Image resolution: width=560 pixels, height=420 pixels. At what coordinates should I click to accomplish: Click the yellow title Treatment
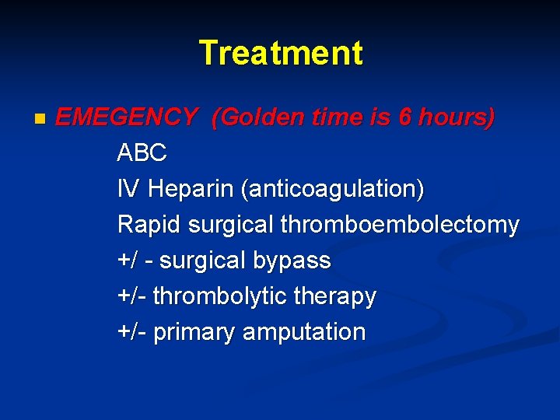coord(280,53)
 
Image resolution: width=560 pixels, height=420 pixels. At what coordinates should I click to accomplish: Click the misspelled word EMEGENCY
coord(126,117)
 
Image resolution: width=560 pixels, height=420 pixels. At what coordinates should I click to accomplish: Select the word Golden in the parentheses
coord(254,117)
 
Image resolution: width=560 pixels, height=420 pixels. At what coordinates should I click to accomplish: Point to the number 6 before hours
coord(404,117)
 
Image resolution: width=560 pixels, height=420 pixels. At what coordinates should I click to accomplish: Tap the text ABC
coord(142,153)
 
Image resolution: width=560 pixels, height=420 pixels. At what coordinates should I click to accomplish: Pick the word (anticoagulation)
coord(333,189)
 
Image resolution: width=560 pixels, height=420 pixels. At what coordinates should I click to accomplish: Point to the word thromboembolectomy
coord(400,225)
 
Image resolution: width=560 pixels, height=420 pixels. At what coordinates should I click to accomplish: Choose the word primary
coord(195,332)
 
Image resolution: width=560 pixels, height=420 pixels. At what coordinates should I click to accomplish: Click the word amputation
coord(304,332)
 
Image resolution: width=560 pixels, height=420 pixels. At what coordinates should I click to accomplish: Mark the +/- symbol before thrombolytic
coord(131,296)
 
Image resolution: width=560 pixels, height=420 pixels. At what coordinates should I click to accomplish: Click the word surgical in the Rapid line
coord(231,225)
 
